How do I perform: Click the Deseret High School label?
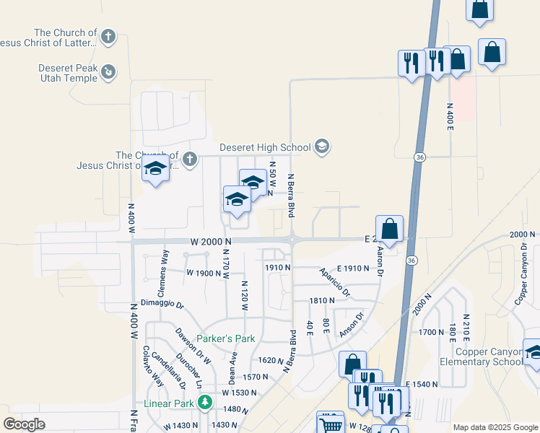pyautogui.click(x=265, y=147)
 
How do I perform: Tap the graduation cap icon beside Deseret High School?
pyautogui.click(x=321, y=147)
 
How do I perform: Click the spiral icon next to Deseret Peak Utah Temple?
pyautogui.click(x=108, y=71)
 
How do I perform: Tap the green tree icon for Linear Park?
pyautogui.click(x=205, y=403)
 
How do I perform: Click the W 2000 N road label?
pyautogui.click(x=211, y=242)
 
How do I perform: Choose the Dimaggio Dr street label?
pyautogui.click(x=162, y=305)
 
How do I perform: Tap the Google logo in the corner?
pyautogui.click(x=24, y=424)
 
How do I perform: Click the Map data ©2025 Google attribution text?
pyautogui.click(x=495, y=427)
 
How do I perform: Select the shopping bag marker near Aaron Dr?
pyautogui.click(x=389, y=229)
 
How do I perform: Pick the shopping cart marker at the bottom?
pyautogui.click(x=331, y=424)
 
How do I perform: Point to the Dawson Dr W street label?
pyautogui.click(x=193, y=346)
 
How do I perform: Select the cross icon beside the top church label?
pyautogui.click(x=108, y=36)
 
